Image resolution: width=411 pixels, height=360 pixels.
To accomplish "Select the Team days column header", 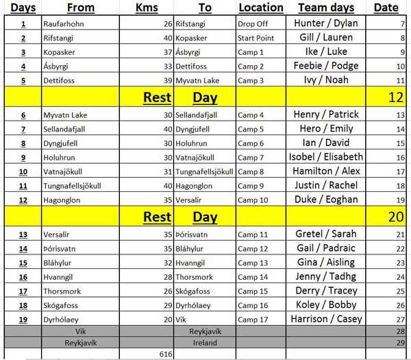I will tap(326, 8).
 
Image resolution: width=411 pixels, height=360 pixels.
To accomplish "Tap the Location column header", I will tap(260, 8).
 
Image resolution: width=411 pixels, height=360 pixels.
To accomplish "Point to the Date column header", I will tap(386, 8).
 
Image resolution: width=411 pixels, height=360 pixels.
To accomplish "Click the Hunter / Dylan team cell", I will tap(325, 23).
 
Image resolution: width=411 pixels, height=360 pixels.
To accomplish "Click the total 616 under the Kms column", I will tap(165, 353).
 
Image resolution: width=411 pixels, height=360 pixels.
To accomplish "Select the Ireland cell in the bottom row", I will tap(205, 341).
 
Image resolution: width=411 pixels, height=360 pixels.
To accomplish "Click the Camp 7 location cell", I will tap(251, 157).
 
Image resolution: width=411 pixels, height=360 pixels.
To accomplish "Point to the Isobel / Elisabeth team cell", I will tap(325, 157).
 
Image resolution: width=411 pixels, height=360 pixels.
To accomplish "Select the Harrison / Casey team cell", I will tap(325, 319).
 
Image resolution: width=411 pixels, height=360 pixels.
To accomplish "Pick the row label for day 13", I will tap(23, 234).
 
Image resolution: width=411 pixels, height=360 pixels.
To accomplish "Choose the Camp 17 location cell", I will tap(253, 319).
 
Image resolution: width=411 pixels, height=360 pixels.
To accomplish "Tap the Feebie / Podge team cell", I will tap(325, 66).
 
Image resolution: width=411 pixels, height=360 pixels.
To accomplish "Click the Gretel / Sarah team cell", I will tap(325, 234).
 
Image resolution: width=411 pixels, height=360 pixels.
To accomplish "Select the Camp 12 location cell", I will tap(253, 248).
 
